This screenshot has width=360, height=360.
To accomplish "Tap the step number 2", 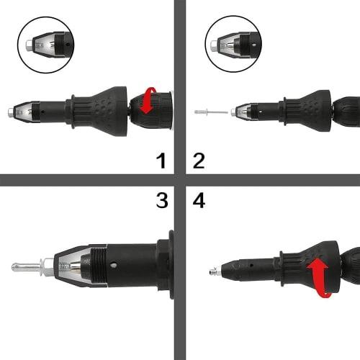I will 199,159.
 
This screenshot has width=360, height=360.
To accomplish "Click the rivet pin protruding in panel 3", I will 25,266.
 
